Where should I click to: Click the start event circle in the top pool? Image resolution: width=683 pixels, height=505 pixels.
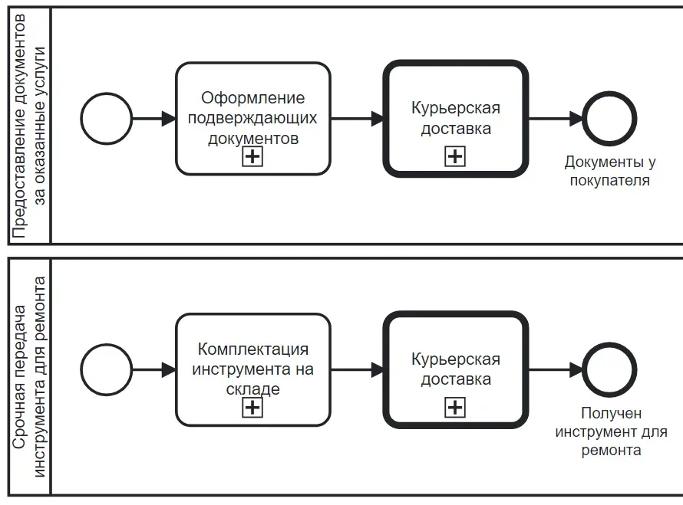(x=107, y=119)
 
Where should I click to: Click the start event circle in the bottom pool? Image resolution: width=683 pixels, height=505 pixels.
(x=107, y=370)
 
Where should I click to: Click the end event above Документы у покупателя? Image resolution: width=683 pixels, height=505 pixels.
(x=609, y=119)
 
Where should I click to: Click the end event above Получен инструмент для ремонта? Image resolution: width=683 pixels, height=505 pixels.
(x=609, y=370)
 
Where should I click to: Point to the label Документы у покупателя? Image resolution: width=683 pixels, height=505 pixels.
(x=609, y=172)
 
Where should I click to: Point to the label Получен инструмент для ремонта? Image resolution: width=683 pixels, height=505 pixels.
(x=610, y=432)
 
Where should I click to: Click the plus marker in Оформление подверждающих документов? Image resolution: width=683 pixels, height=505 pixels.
(x=252, y=157)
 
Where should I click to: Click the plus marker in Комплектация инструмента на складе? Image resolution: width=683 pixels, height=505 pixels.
(x=252, y=408)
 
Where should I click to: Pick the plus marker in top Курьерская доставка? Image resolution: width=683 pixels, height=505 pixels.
(x=455, y=157)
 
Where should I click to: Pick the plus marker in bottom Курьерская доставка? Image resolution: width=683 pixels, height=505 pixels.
(x=455, y=408)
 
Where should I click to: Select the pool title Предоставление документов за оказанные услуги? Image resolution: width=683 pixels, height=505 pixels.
(x=29, y=126)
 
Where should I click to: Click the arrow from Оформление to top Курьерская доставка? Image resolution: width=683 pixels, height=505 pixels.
(x=357, y=119)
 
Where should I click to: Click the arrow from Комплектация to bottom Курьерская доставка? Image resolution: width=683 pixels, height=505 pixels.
(x=357, y=370)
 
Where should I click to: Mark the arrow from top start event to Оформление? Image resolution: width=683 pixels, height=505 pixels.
(x=153, y=119)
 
